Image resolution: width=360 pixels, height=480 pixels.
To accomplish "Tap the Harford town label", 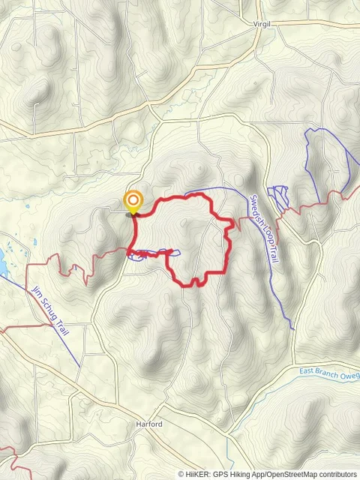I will pyautogui.click(x=149, y=424).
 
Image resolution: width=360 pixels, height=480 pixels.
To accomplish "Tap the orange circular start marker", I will pyautogui.click(x=133, y=200).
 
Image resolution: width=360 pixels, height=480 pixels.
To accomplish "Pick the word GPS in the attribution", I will pyautogui.click(x=219, y=474).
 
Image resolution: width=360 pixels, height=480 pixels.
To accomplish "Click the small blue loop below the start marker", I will pyautogui.click(x=139, y=257).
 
